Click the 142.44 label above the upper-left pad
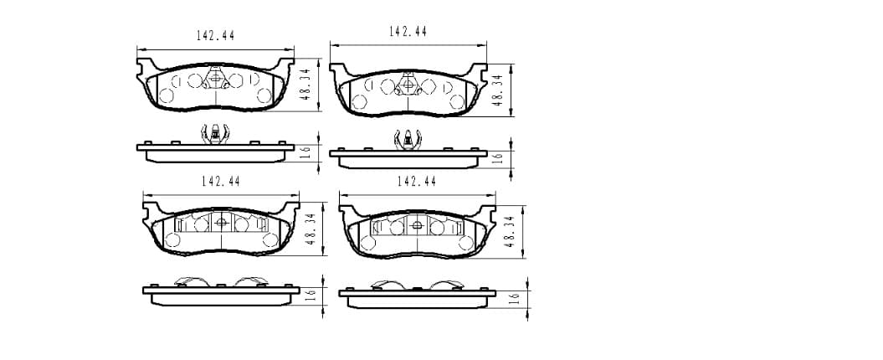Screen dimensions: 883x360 click(215, 35)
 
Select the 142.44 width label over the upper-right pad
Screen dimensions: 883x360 click(408, 32)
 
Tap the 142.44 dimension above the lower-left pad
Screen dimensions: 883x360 click(221, 182)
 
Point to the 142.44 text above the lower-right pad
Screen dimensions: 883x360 click(417, 182)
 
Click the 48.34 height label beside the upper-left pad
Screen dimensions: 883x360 click(305, 84)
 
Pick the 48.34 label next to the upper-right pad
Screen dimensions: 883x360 click(498, 90)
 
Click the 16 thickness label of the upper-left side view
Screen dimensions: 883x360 click(305, 152)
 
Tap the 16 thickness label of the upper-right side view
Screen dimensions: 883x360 click(497, 157)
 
